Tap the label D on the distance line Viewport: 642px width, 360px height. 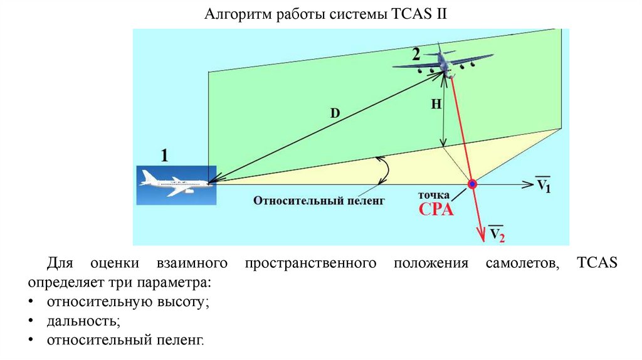point(334,114)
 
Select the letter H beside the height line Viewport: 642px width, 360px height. point(436,105)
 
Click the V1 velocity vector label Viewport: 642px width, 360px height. point(543,186)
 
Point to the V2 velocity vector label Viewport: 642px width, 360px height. point(497,234)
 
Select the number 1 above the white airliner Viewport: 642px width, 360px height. point(164,156)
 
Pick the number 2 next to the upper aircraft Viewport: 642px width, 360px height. point(416,53)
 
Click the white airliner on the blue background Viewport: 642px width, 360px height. point(175,185)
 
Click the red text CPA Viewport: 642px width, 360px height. point(436,209)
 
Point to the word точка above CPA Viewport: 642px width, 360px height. point(434,196)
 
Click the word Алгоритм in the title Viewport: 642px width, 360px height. point(234,14)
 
